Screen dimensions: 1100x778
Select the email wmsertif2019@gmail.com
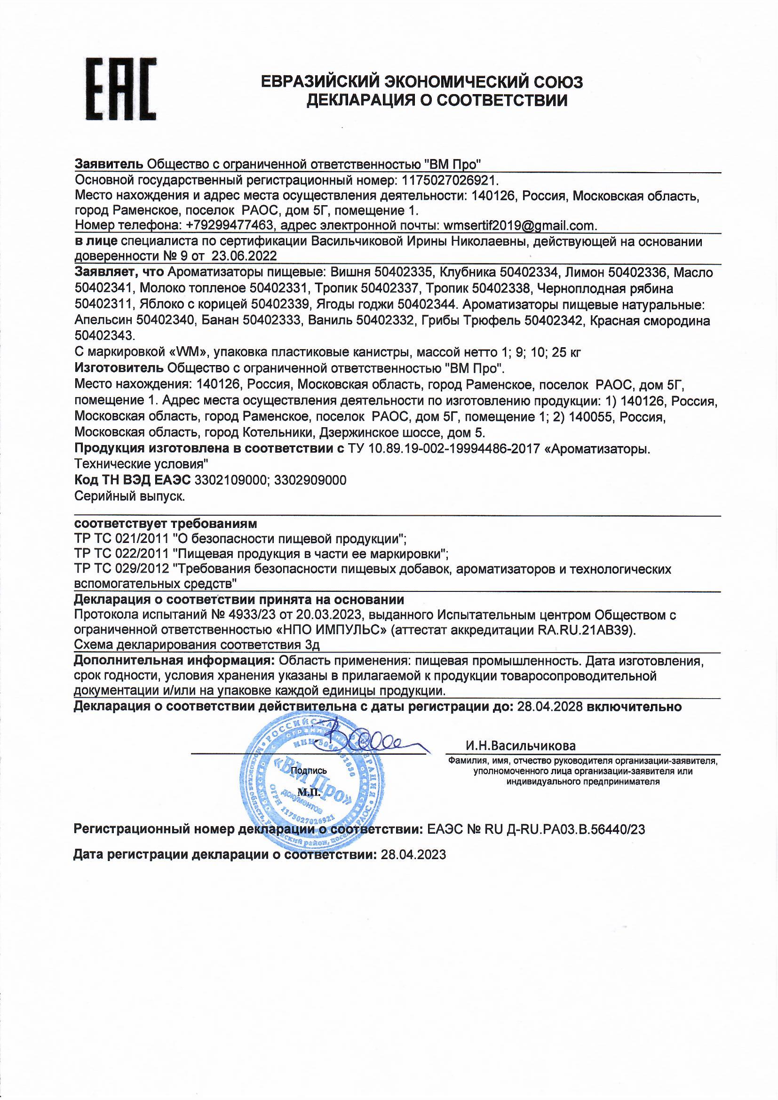(519, 226)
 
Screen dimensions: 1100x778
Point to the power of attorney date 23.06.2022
(244, 256)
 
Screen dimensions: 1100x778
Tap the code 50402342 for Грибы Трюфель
(554, 320)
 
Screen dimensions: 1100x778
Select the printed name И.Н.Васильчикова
(520, 746)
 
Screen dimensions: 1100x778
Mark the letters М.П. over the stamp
(308, 792)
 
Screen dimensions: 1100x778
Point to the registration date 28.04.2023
(413, 854)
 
